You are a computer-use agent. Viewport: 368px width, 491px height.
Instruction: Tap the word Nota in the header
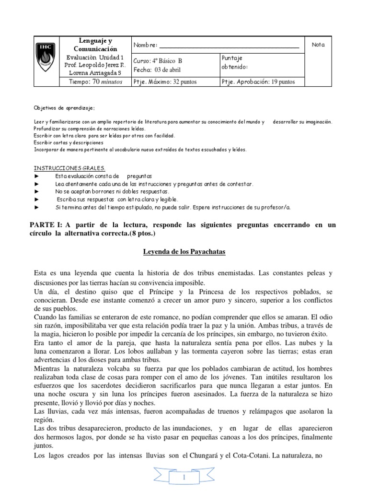click(318, 45)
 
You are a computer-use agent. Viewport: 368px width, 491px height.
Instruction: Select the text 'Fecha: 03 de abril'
click(157, 70)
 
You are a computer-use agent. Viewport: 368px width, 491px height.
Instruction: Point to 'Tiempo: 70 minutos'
click(95, 82)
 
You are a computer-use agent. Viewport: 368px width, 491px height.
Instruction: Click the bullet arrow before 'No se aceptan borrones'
click(37, 191)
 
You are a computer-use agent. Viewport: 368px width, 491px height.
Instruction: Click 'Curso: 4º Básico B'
click(158, 61)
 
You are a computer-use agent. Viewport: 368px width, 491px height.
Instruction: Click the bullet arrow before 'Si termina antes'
click(37, 207)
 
